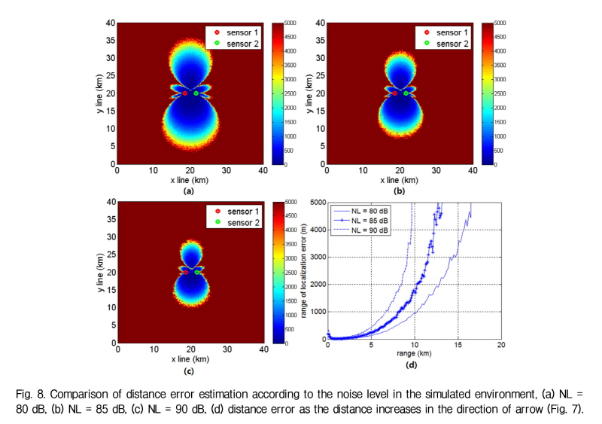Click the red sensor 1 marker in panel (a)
pyautogui.click(x=184, y=93)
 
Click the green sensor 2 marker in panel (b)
pyautogui.click(x=406, y=93)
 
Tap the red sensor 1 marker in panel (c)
pyautogui.click(x=184, y=272)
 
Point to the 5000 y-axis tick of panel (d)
pyautogui.click(x=317, y=203)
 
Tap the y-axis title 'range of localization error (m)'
pyautogui.click(x=306, y=271)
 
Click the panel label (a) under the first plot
pyautogui.click(x=190, y=191)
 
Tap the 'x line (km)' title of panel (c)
pyautogui.click(x=190, y=359)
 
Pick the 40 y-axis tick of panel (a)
pyautogui.click(x=111, y=23)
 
